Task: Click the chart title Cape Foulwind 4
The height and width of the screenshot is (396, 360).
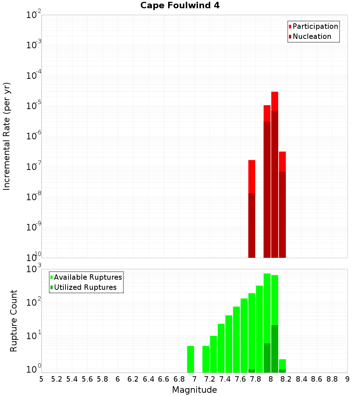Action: pyautogui.click(x=180, y=6)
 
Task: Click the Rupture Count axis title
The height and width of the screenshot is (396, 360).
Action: pyautogui.click(x=14, y=320)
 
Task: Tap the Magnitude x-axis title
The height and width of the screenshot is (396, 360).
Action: pyautogui.click(x=194, y=390)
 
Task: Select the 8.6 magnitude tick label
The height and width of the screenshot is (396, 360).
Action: pyautogui.click(x=317, y=379)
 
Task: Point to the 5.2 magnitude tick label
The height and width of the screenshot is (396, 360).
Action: pyautogui.click(x=57, y=379)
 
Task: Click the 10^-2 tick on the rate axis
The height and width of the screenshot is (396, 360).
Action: pyautogui.click(x=34, y=15)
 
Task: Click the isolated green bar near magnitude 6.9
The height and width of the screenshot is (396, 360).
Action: pyautogui.click(x=190, y=359)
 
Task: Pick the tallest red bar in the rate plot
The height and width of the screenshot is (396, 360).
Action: pyautogui.click(x=275, y=101)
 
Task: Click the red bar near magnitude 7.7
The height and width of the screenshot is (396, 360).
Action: pyautogui.click(x=252, y=176)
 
